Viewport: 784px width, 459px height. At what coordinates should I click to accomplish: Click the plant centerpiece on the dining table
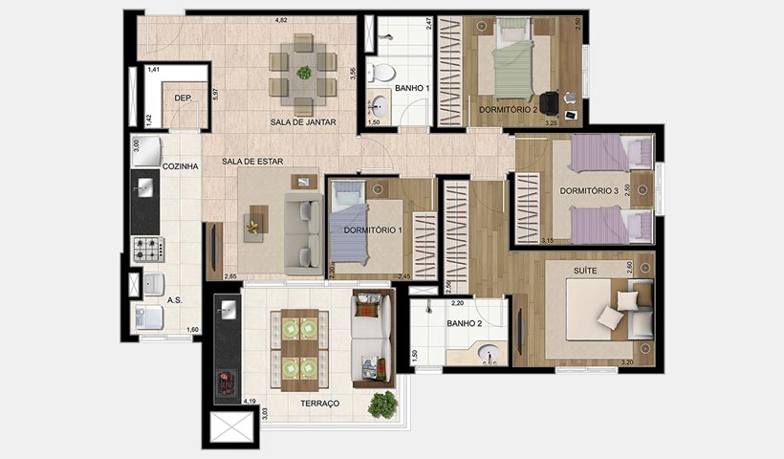303,73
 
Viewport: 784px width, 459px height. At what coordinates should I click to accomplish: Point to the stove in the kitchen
147,250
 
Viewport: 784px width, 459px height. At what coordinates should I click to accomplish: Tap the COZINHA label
180,166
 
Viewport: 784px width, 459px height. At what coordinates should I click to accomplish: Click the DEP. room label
184,98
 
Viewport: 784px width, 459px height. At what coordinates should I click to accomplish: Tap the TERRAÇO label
319,404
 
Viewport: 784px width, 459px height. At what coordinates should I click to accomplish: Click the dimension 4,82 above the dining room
281,20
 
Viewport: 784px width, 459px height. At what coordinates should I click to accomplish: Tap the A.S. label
175,300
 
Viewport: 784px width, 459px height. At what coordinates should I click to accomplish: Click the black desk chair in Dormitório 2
549,102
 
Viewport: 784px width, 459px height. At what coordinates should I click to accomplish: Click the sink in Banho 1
378,104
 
